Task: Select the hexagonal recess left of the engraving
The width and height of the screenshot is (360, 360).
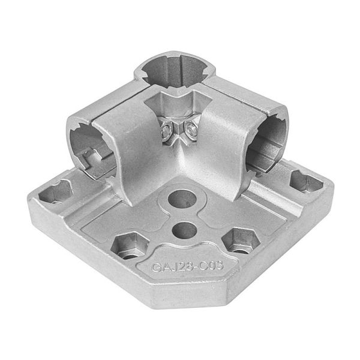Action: click(129, 245)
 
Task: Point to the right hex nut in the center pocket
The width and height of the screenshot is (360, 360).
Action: click(190, 128)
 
